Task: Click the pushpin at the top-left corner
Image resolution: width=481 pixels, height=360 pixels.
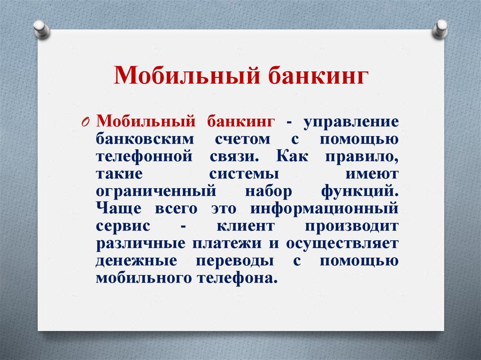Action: [x=41, y=29]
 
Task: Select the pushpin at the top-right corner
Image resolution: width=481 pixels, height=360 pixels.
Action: [x=441, y=29]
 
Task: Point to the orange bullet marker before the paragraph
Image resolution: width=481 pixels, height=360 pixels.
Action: [x=85, y=123]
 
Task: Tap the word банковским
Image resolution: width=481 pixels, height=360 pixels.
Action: [x=145, y=139]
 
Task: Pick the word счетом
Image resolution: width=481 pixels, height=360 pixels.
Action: [x=243, y=139]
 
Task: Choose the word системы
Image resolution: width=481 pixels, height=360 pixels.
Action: [x=244, y=174]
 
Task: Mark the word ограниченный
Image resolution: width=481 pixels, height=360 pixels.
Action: [x=156, y=191]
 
